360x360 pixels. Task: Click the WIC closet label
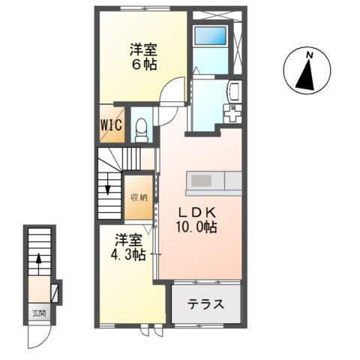(x=111, y=124)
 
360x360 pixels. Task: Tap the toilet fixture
(x=141, y=130)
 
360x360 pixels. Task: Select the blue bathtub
(x=210, y=35)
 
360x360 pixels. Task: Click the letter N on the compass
(x=310, y=55)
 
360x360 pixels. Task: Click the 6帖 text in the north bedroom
(x=144, y=64)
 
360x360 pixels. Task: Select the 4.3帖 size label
(x=128, y=255)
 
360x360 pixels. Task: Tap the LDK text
(x=196, y=213)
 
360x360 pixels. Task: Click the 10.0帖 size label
(x=196, y=227)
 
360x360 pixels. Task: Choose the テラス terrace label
(x=205, y=304)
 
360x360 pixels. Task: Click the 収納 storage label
(x=139, y=198)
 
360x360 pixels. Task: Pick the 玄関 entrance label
(x=39, y=313)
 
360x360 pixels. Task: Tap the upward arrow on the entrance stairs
(x=38, y=264)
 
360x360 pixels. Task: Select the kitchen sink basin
(x=201, y=181)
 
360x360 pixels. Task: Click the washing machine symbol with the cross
(x=232, y=114)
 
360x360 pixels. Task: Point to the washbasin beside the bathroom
(x=234, y=91)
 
